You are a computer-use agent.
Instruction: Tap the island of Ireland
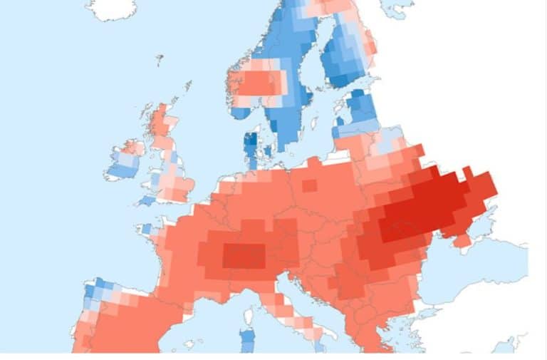tap(123, 162)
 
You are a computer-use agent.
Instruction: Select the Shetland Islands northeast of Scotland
tap(187, 86)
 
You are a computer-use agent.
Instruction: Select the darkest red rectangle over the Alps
tap(244, 255)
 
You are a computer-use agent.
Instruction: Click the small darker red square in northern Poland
tap(309, 185)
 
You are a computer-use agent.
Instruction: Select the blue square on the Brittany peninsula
tap(146, 229)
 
